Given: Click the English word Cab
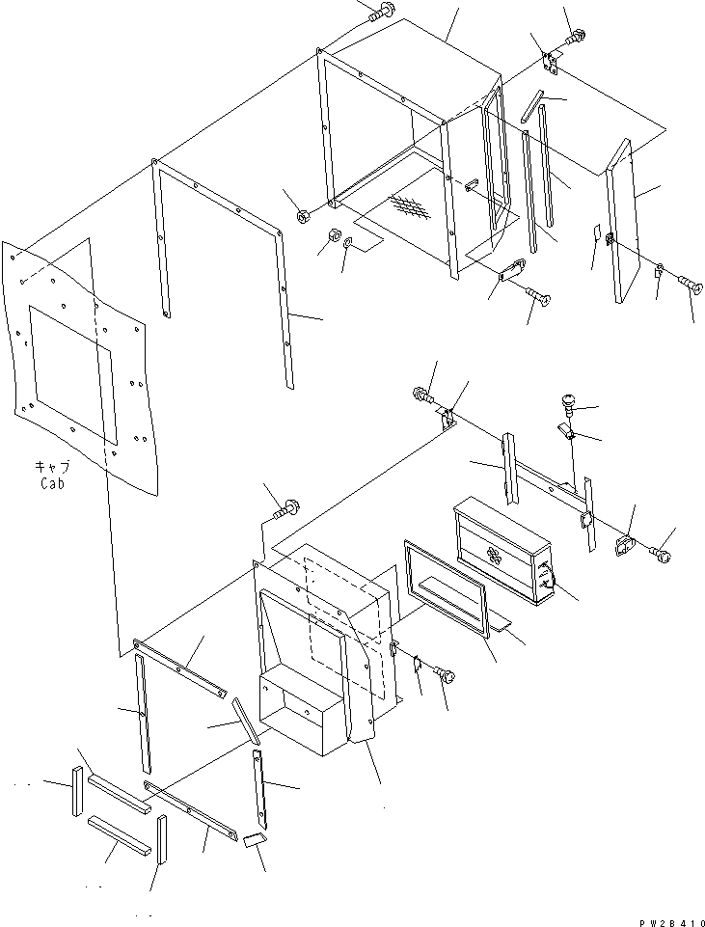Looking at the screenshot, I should tap(52, 483).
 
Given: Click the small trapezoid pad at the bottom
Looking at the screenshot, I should tap(254, 840).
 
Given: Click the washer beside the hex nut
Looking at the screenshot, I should tap(347, 239).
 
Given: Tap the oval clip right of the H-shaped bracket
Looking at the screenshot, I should tap(625, 545).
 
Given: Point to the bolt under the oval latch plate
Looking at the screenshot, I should tap(539, 297).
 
